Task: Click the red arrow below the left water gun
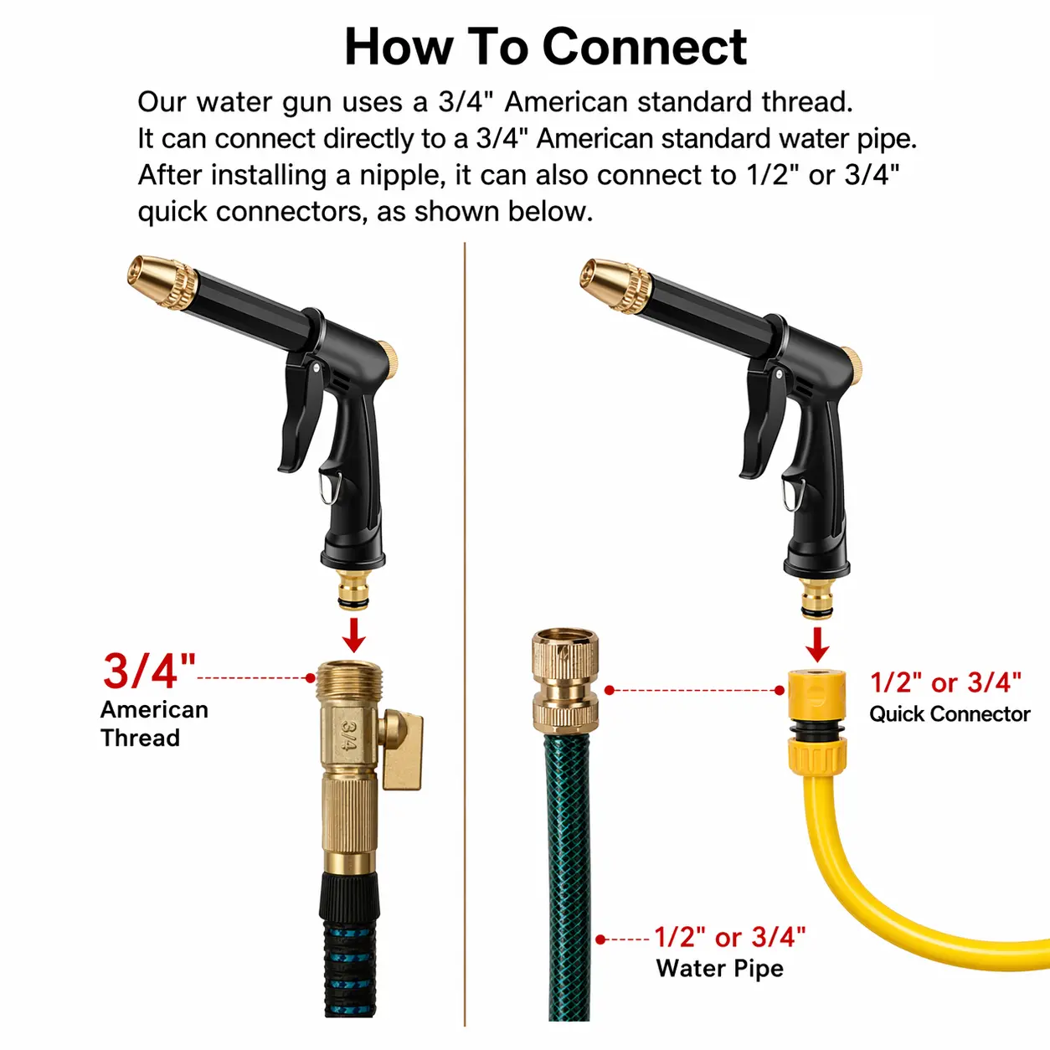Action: [x=354, y=635]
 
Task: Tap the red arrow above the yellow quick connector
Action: [x=817, y=645]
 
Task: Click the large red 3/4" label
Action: [x=149, y=672]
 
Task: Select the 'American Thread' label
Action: [x=154, y=723]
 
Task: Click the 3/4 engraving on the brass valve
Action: [x=348, y=733]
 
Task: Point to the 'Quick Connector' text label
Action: [x=950, y=713]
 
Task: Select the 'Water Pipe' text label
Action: [x=719, y=969]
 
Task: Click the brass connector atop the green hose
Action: [x=565, y=681]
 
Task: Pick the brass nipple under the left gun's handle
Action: [x=353, y=589]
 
